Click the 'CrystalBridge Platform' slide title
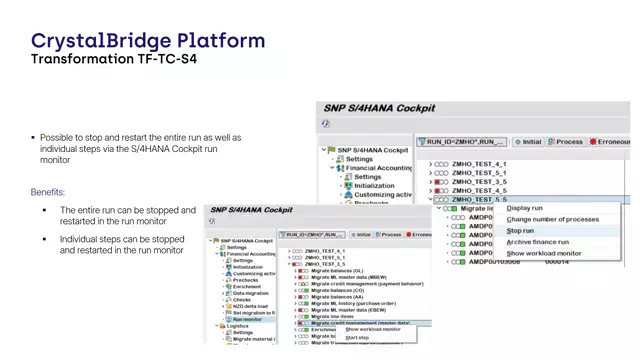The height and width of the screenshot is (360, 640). click(148, 41)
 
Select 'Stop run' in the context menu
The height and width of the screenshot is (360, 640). click(520, 230)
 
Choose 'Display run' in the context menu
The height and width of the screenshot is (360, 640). click(525, 208)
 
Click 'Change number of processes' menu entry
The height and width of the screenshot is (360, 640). click(553, 219)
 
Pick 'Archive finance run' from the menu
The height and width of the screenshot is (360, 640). click(538, 242)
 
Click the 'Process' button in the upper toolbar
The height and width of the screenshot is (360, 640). click(564, 142)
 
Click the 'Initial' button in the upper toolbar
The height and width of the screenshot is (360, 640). click(526, 142)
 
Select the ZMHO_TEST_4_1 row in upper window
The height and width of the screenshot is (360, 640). click(479, 163)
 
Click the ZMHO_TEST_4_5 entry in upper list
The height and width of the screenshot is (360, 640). click(479, 190)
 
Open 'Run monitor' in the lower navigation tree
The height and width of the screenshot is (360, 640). click(250, 319)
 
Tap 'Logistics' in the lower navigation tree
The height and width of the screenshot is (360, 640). click(236, 326)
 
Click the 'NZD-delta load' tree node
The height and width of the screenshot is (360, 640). click(252, 305)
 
